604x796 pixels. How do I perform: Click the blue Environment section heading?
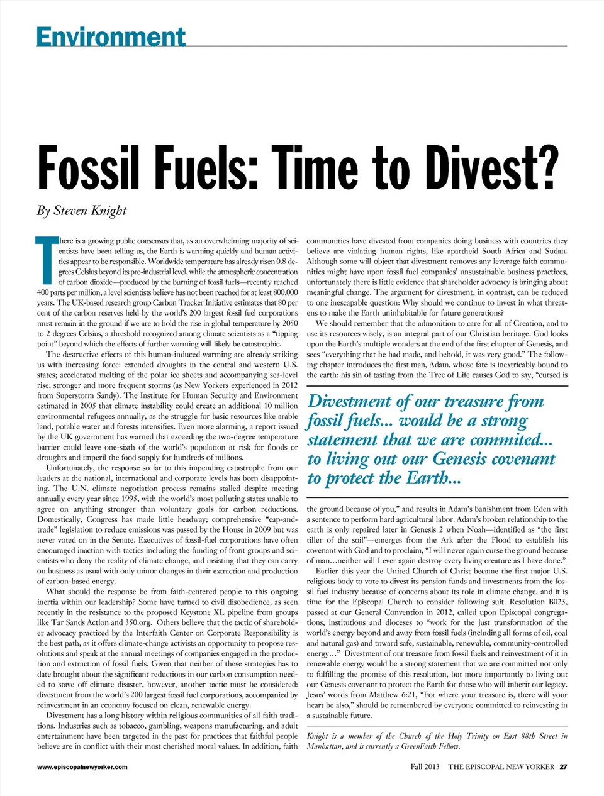click(x=111, y=36)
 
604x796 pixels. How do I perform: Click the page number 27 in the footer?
click(x=563, y=766)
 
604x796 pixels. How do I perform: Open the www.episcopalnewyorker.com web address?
click(x=82, y=766)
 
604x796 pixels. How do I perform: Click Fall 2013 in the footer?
click(x=425, y=766)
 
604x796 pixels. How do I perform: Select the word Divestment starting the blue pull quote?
click(x=350, y=402)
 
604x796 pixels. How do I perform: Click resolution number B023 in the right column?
click(x=554, y=602)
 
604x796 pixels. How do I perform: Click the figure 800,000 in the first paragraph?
click(x=282, y=292)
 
